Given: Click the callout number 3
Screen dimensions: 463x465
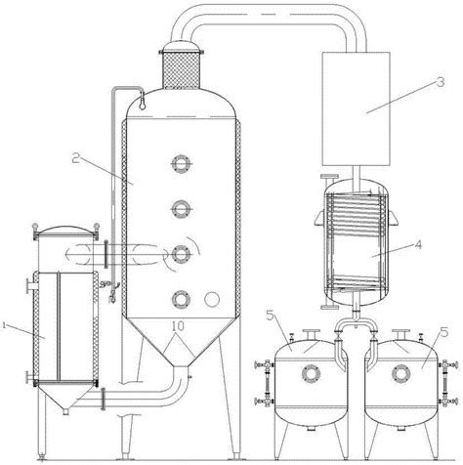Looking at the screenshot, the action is click(x=440, y=82).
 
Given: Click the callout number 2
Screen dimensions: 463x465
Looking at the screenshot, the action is click(x=76, y=159).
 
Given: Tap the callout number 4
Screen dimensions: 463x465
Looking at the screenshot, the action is click(x=418, y=244).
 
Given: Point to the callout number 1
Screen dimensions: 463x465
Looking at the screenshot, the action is click(x=4, y=325).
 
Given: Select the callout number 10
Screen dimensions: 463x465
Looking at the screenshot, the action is click(x=178, y=325).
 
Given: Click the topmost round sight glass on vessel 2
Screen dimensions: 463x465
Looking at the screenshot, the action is click(x=181, y=163).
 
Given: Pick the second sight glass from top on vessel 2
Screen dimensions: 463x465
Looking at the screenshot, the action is click(x=181, y=208).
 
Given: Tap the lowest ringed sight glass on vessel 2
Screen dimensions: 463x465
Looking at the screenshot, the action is click(x=181, y=299).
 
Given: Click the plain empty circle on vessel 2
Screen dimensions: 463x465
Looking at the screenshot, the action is click(x=212, y=299).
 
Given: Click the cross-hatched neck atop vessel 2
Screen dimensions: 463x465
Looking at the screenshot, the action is click(x=181, y=69).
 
